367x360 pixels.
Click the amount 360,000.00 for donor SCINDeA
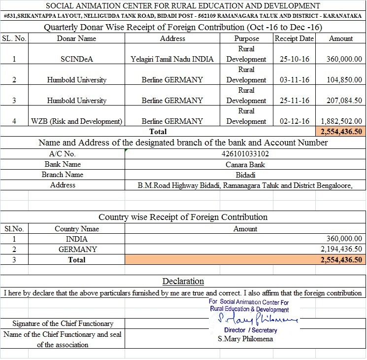pos(344,59)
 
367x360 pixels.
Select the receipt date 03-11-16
pos(294,80)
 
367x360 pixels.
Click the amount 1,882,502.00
pos(341,121)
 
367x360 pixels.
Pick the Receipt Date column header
pos(294,38)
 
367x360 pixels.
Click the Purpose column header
pos(246,38)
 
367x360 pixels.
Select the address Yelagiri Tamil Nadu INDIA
pos(172,59)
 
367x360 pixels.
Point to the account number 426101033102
pos(245,154)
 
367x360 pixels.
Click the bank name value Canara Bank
pos(245,164)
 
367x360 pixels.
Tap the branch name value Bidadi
pos(245,175)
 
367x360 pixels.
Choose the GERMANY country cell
pos(77,250)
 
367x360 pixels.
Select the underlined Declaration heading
pos(183,282)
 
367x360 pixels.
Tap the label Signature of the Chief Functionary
pos(63,324)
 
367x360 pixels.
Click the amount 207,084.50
pos(344,101)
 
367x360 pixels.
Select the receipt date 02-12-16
pos(294,121)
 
